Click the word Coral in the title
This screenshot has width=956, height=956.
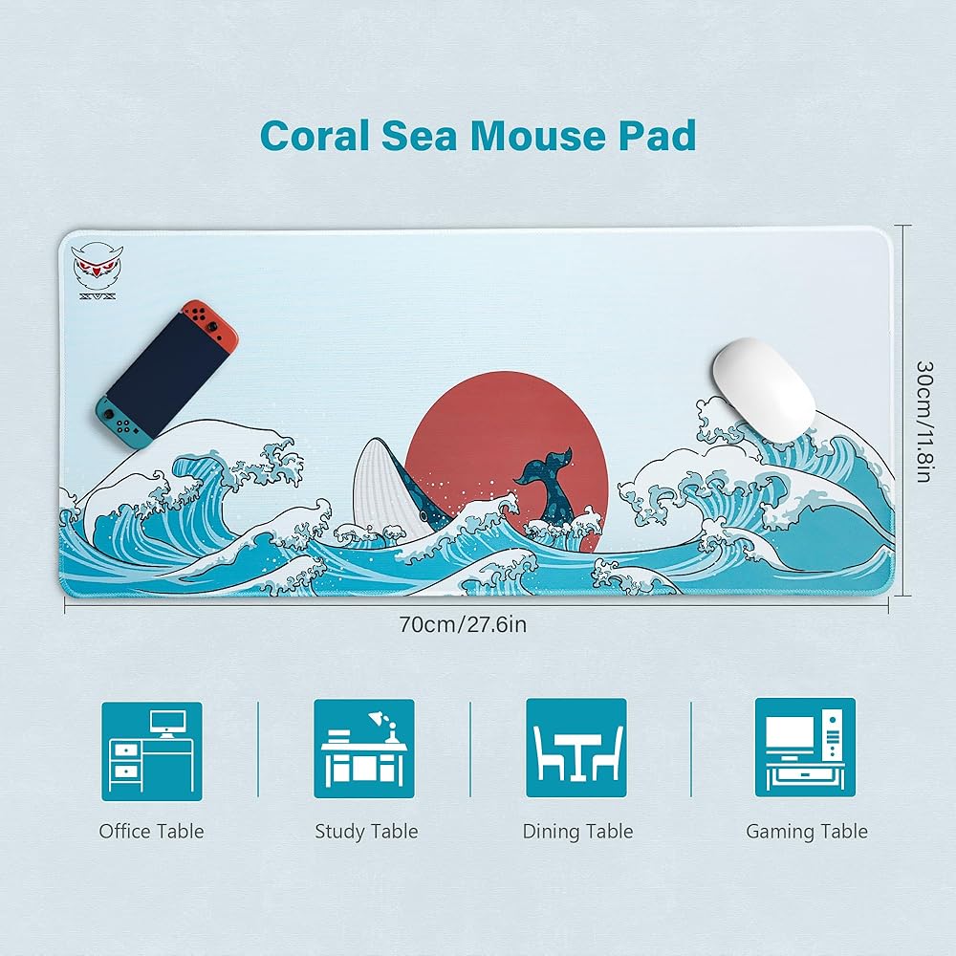coord(315,136)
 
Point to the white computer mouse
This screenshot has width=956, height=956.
coord(764,389)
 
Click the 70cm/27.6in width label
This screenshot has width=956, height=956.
coord(463,625)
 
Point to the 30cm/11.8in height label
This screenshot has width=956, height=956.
coord(924,422)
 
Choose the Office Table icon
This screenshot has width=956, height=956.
coord(152,751)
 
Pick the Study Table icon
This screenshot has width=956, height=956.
coord(364,749)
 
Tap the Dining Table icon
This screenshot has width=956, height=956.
coord(576,748)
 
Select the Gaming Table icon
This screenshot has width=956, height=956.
coord(805,748)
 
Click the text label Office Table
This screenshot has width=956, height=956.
coord(151,831)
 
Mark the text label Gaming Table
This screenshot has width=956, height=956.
coord(807,832)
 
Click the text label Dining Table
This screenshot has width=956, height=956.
coord(578,832)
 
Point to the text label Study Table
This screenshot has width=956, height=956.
coord(366,832)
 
